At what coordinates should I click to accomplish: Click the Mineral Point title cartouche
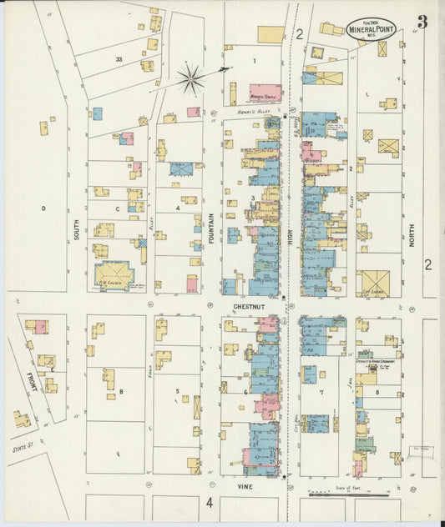(372, 28)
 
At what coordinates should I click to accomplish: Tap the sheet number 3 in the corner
(422, 23)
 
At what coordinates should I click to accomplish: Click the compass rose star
(191, 80)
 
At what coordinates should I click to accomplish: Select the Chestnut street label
(250, 306)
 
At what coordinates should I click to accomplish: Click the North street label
(412, 227)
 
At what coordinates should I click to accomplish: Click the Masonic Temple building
(265, 93)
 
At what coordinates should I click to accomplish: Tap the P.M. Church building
(114, 274)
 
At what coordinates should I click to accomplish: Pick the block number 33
(119, 59)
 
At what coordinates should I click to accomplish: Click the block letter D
(42, 208)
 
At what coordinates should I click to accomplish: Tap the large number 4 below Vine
(210, 502)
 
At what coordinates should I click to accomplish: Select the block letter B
(122, 391)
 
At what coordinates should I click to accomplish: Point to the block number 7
(321, 392)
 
